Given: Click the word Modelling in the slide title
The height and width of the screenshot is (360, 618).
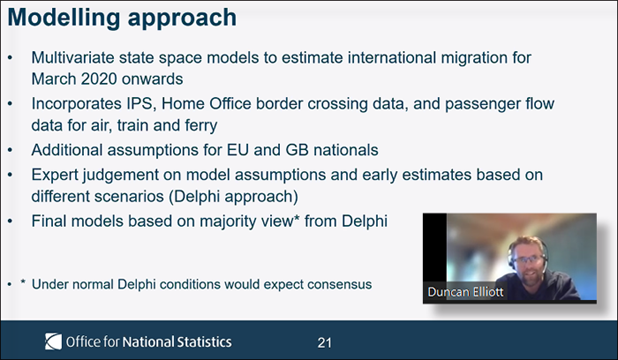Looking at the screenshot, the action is [x=64, y=19].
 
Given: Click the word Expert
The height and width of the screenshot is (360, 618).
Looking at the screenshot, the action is [x=55, y=176].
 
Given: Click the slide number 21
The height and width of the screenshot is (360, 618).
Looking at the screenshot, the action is [x=324, y=342].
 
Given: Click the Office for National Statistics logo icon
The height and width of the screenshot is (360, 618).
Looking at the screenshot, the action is [x=53, y=341].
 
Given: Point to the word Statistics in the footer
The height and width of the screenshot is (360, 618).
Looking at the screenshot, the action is [x=204, y=341].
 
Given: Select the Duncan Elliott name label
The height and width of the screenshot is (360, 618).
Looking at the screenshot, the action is [x=465, y=292].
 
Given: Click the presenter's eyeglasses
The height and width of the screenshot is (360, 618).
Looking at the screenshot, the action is [x=528, y=259].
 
